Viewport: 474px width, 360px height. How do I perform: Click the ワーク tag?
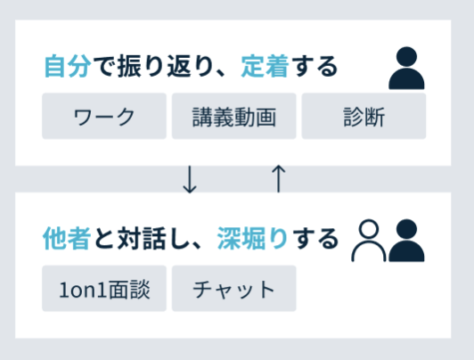(104, 117)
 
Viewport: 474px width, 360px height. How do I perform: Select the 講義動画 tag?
(234, 117)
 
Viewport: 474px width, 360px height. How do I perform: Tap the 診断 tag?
(364, 117)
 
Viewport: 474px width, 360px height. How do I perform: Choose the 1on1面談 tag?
(104, 289)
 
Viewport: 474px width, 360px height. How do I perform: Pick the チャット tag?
(234, 289)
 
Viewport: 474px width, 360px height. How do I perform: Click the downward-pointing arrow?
(190, 179)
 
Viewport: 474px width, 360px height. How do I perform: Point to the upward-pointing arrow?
(278, 178)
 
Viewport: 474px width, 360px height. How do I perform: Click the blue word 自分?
(68, 66)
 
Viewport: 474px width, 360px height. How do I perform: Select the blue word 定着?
(265, 66)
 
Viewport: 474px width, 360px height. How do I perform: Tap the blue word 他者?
(67, 239)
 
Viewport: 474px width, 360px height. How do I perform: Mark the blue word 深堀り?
(252, 239)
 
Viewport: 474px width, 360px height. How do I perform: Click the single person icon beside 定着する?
(406, 69)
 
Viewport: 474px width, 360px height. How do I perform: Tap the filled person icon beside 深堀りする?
(406, 241)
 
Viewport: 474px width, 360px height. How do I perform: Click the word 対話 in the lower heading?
(142, 239)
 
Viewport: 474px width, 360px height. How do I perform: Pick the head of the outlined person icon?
(369, 229)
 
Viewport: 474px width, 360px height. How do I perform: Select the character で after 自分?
(104, 66)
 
